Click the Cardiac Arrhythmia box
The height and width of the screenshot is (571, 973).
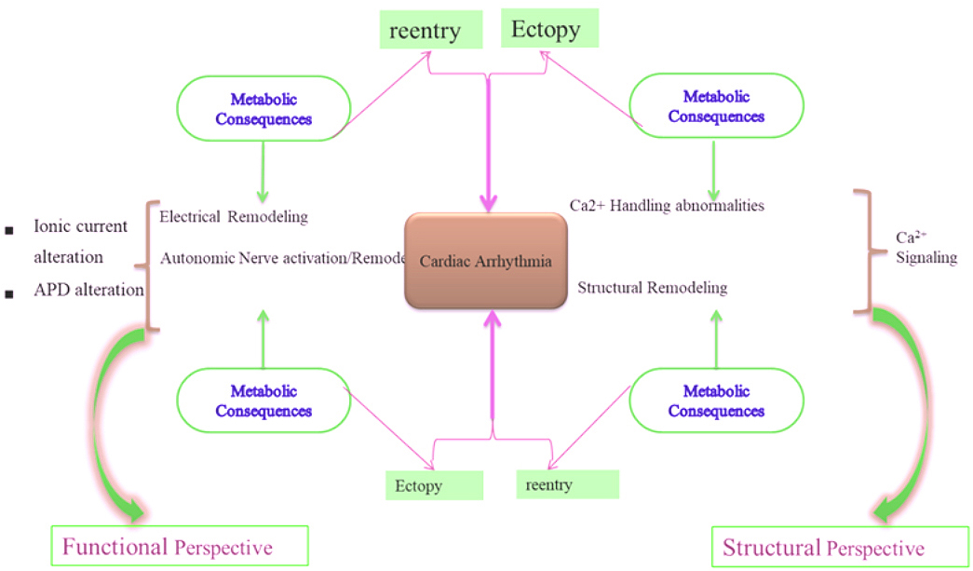point(485,262)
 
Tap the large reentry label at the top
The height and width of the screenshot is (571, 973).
point(426,32)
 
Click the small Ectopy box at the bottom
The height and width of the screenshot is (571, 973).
point(434,485)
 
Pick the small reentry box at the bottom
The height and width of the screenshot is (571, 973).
point(567,484)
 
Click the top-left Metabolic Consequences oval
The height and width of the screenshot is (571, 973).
point(264,108)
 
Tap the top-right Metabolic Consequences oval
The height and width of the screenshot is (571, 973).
point(716,106)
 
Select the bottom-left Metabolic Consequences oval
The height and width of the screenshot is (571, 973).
point(264,401)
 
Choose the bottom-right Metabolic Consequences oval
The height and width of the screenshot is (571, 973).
point(716,401)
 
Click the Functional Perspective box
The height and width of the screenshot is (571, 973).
point(180,546)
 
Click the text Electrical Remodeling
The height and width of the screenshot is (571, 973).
point(234,217)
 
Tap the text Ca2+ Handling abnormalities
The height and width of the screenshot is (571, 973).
point(667,205)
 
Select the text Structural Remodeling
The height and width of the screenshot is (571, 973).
point(652,288)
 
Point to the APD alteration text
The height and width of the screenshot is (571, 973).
point(88,290)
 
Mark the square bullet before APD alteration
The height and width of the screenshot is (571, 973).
point(9,295)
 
